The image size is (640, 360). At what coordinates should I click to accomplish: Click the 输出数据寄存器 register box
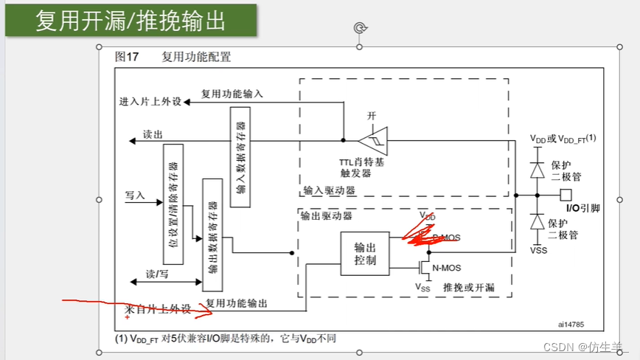(212, 234)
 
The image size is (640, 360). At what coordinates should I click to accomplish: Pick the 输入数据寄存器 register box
(240, 151)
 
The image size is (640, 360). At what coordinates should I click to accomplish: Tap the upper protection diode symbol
(538, 169)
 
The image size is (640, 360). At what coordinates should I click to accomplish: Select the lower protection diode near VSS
(538, 222)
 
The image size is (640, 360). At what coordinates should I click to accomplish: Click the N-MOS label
(446, 268)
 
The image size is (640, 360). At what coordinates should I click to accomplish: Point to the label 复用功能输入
(232, 94)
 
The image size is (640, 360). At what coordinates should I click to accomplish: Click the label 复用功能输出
(237, 302)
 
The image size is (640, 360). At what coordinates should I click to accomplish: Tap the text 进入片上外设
(150, 102)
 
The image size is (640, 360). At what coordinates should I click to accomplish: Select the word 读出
(153, 135)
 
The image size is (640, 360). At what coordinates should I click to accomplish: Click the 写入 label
(135, 195)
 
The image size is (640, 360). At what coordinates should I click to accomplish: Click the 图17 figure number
(128, 57)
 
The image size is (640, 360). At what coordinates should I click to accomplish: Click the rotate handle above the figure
(360, 28)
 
